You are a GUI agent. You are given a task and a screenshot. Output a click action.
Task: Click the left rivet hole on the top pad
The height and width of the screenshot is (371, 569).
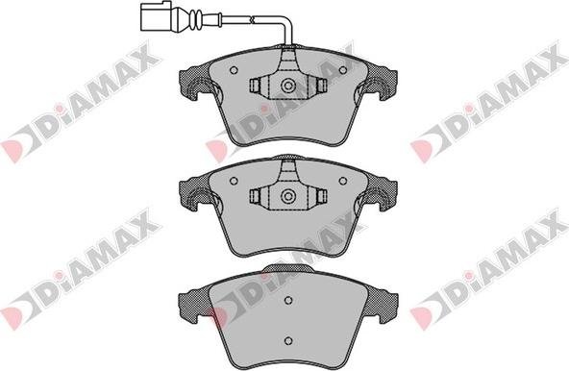click(234, 70)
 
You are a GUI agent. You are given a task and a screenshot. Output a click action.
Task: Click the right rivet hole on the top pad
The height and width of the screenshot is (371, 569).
click(343, 70)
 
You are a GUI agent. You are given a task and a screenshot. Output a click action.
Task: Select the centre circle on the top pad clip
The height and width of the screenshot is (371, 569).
click(288, 86)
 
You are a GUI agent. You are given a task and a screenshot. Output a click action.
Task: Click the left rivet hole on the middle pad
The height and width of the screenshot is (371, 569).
click(234, 181)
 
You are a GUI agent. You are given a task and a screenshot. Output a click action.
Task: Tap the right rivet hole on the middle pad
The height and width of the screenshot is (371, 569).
click(343, 181)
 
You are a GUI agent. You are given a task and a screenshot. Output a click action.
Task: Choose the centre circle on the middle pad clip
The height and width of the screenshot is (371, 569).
click(288, 196)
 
